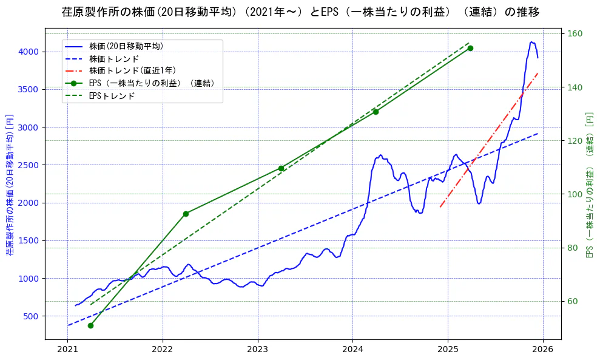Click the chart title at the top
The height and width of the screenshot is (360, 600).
click(300, 12)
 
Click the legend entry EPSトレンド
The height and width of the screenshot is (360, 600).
click(112, 96)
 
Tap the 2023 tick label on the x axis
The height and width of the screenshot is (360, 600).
click(257, 350)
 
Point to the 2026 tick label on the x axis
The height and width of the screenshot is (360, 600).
click(543, 350)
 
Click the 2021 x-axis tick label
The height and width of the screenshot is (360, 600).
click(67, 350)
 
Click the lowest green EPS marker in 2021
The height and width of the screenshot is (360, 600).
click(90, 325)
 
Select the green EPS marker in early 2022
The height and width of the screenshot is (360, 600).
click(186, 214)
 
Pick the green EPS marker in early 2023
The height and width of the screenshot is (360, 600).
click(281, 168)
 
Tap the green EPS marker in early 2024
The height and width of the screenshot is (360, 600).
click(376, 112)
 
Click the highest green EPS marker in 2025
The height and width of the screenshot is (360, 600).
click(470, 48)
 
